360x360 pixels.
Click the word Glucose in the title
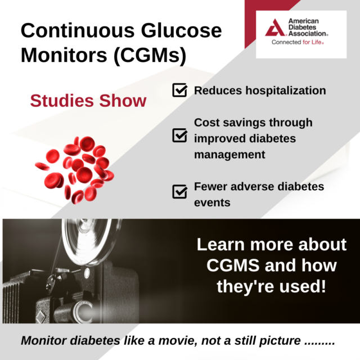pyautogui.click(x=181, y=30)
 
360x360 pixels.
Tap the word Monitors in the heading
pyautogui.click(x=64, y=55)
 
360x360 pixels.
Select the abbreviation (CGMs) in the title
pyautogui.click(x=150, y=56)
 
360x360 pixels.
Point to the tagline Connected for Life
pyautogui.click(x=298, y=42)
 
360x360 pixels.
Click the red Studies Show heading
pyautogui.click(x=88, y=101)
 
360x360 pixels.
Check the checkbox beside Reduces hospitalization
pyautogui.click(x=180, y=90)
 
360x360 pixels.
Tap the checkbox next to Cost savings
pyautogui.click(x=180, y=135)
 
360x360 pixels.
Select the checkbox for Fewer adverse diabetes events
pyautogui.click(x=180, y=191)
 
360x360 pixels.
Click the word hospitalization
pyautogui.click(x=286, y=91)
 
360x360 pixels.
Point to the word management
pyautogui.click(x=229, y=155)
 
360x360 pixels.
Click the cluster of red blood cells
pyautogui.click(x=75, y=170)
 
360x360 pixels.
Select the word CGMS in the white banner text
pyautogui.click(x=233, y=265)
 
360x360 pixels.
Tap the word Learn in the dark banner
pyautogui.click(x=220, y=245)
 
